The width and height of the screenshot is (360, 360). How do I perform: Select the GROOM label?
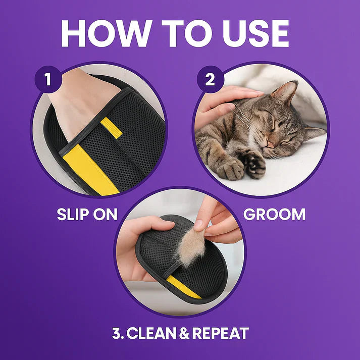tap(274, 214)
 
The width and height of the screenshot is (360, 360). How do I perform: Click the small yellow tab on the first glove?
tap(112, 128)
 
